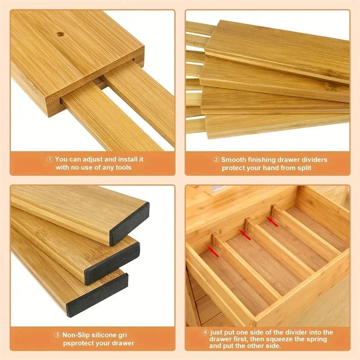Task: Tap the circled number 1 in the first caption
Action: (50, 159)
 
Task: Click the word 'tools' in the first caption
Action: (121, 167)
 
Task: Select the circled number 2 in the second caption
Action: (216, 159)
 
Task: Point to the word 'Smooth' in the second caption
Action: (233, 159)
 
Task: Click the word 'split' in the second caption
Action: (302, 168)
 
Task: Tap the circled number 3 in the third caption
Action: (58, 335)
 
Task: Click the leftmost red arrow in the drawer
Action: (213, 251)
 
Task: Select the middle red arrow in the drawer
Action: (245, 234)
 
